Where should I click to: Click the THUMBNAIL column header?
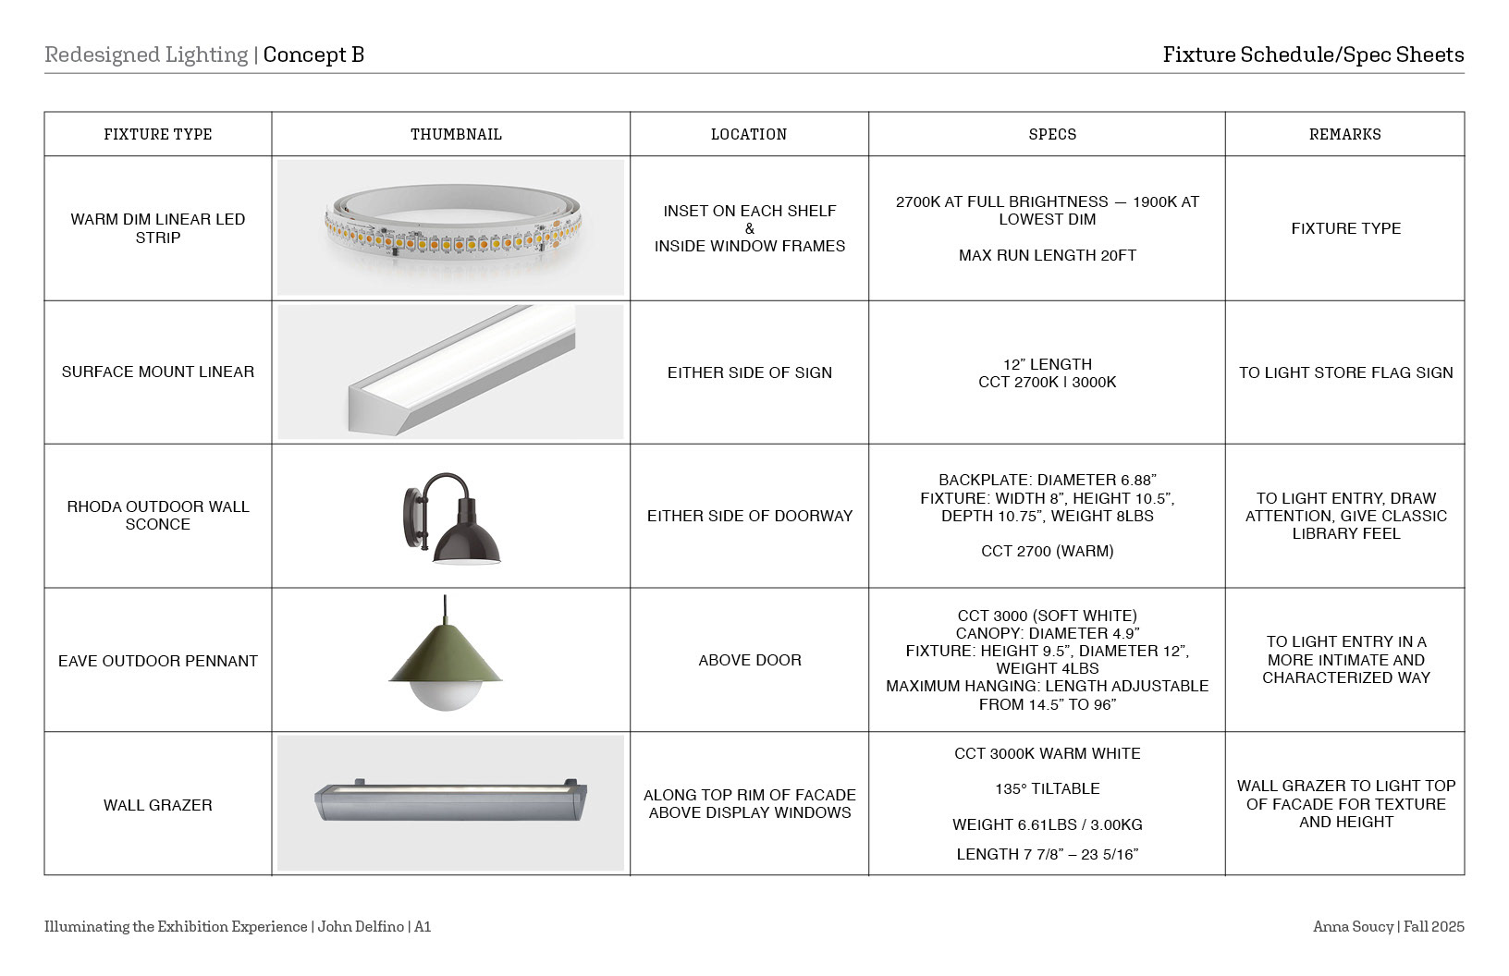pos(456,134)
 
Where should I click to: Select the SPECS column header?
pos(1052,134)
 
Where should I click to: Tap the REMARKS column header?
pos(1344,134)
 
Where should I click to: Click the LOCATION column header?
pos(749,134)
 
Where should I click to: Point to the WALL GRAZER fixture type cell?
pos(158,805)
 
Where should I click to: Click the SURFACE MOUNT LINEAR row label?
pos(158,372)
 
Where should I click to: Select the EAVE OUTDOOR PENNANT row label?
pos(158,661)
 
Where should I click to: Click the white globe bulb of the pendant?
pos(445,695)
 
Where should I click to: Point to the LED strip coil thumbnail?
pos(451,228)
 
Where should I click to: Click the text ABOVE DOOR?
pos(750,660)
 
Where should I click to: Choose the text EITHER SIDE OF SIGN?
pos(750,372)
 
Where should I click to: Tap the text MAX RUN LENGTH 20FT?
pos(1047,255)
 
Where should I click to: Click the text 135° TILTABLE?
pos(1047,788)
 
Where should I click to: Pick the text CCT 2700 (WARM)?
pos(1047,551)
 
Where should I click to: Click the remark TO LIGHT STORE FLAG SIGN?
pos(1345,372)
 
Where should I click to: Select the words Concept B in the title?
pos(313,55)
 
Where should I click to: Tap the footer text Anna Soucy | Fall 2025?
pos(1388,926)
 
